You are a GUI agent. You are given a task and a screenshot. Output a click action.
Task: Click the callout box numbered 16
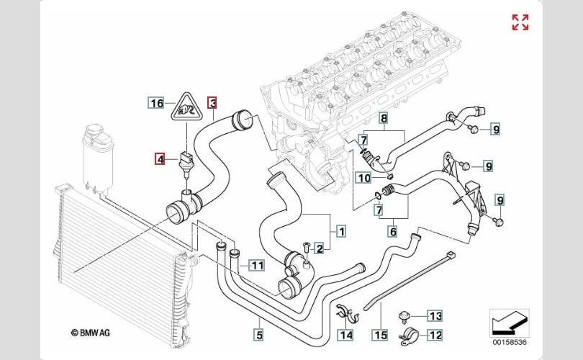click(157, 103)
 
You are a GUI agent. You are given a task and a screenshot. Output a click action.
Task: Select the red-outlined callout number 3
click(212, 103)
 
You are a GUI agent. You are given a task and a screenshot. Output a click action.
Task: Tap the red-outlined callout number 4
click(161, 158)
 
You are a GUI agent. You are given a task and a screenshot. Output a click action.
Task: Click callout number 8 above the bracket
click(384, 118)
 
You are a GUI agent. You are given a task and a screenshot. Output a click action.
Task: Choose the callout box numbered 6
click(393, 231)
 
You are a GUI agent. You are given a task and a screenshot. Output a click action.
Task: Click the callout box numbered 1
click(340, 231)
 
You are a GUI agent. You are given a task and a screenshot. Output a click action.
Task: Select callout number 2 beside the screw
click(319, 248)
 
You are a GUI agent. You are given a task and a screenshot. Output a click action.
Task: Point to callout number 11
click(257, 265)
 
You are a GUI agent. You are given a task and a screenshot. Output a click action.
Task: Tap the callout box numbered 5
click(258, 333)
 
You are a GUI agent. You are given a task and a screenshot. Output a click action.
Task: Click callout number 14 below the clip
click(345, 334)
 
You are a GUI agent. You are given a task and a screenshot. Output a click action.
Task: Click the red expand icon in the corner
click(520, 22)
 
